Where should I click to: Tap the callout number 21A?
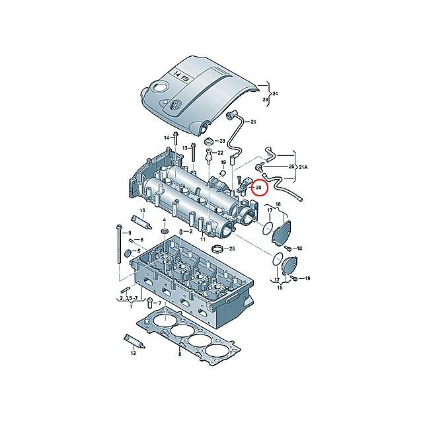click(303, 167)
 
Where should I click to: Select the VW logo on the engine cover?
click(174, 104)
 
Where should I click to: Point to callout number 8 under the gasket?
click(180, 354)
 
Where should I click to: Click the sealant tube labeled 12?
click(134, 340)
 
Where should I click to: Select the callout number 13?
click(185, 148)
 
